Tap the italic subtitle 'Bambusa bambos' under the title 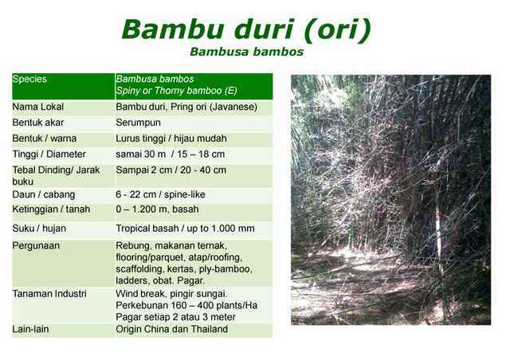246,53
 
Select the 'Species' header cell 29,80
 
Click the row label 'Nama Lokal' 37,107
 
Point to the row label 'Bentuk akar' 38,123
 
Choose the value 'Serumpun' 139,123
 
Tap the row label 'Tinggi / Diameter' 49,154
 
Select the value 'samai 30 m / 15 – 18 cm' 171,154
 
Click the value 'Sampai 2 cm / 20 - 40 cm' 171,170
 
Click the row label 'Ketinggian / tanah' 51,209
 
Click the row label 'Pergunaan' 36,245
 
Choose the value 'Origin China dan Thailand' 171,329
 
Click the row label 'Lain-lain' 32,329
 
